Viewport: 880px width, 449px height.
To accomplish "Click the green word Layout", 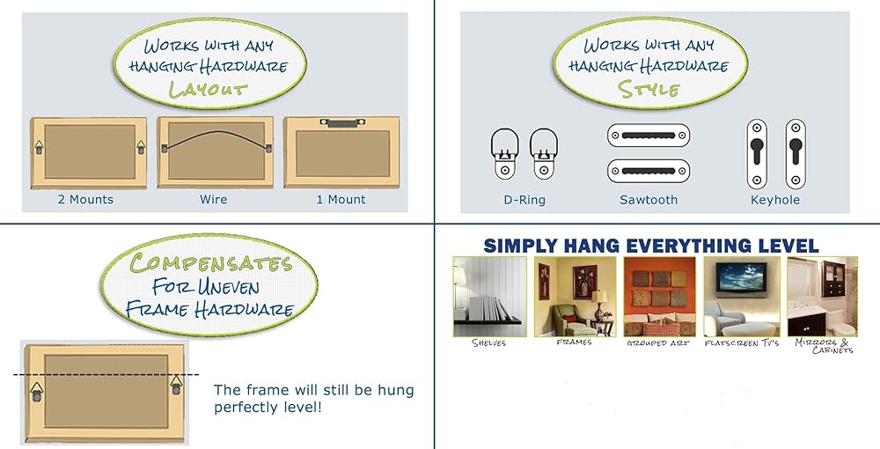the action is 209,90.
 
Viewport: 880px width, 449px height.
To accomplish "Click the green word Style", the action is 649,89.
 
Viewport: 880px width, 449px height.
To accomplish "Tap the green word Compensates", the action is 211,262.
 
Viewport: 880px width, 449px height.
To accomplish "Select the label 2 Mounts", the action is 85,199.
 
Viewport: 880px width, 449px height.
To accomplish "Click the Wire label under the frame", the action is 213,199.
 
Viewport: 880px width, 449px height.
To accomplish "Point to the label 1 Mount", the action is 341,199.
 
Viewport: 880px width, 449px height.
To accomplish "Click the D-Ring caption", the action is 524,200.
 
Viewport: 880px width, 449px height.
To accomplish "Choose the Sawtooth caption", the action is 649,200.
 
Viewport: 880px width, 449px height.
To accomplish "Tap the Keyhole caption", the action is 775,200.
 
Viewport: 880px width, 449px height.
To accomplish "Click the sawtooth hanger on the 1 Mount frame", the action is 341,121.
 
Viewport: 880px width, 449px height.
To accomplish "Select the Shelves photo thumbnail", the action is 490,297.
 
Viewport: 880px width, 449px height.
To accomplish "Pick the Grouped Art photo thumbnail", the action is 659,297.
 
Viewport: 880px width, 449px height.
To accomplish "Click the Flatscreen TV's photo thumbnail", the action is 741,297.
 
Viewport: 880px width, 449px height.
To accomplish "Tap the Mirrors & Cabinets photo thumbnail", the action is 822,297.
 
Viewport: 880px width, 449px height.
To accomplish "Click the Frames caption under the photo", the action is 574,342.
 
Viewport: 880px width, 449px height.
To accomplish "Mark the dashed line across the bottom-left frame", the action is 106,374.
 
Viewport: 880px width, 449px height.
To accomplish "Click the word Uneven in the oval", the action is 228,287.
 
